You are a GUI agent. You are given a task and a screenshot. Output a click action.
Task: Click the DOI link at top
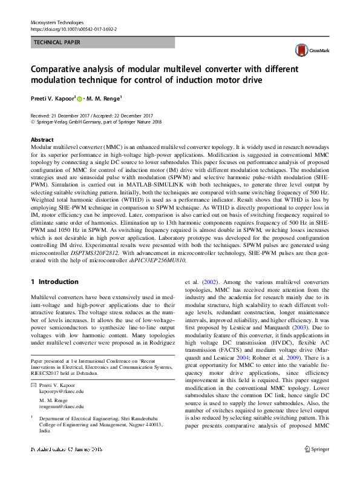point(73,28)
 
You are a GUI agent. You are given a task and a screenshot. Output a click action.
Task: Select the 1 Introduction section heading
point(54,282)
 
